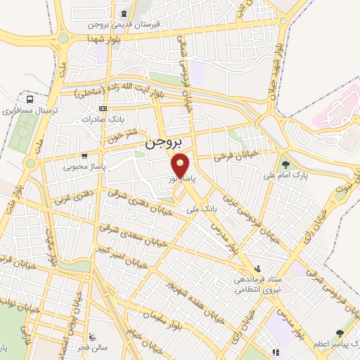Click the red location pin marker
pyautogui.click(x=181, y=166)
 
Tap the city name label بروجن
pyautogui.click(x=163, y=142)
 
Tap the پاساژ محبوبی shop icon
pyautogui.click(x=84, y=156)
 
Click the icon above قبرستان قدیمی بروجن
pyautogui.click(x=124, y=13)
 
